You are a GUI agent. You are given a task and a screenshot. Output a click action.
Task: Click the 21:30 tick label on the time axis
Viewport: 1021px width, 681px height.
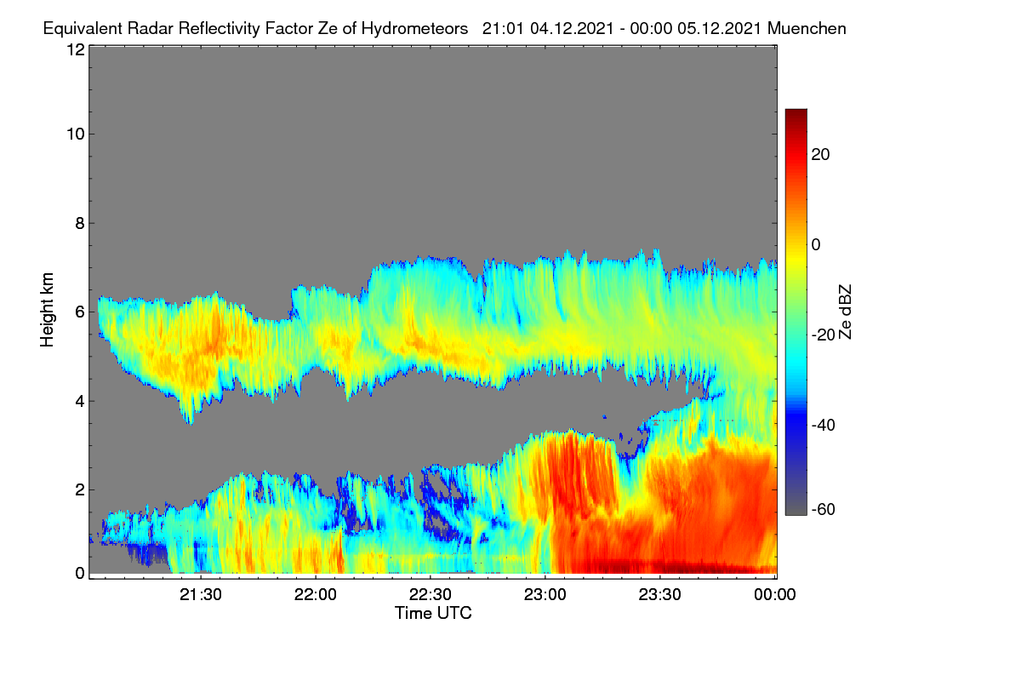coord(201,595)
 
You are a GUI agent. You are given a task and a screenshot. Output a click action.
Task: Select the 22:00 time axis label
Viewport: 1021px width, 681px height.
coord(316,595)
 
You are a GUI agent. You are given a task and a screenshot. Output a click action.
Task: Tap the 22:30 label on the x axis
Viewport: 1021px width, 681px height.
coord(431,595)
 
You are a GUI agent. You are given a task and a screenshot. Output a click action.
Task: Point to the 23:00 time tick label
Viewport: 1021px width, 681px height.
coord(545,595)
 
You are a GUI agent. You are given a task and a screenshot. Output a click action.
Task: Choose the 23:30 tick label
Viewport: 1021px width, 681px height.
coord(659,595)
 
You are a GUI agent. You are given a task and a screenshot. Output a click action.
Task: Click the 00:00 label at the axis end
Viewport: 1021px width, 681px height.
coord(775,595)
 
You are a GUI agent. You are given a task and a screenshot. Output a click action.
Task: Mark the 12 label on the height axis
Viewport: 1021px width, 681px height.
coord(76,49)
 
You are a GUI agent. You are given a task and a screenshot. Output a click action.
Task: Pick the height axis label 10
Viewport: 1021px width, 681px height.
coord(76,134)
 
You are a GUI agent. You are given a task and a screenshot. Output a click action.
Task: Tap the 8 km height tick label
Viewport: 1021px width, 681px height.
coord(80,224)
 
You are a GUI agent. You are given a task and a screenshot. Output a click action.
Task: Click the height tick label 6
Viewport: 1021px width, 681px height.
coord(80,312)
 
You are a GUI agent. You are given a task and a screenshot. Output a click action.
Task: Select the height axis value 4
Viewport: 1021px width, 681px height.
coord(80,402)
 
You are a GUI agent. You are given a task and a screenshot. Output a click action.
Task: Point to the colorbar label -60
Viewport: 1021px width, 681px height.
coord(824,510)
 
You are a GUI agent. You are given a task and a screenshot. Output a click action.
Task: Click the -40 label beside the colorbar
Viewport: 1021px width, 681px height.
coord(824,425)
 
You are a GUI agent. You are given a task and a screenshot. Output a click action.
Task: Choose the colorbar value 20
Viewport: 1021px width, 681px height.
coord(820,155)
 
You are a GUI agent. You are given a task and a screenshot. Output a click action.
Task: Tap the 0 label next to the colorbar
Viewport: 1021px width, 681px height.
coord(816,245)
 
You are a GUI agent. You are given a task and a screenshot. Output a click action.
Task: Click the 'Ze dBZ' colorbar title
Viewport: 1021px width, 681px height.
coord(845,312)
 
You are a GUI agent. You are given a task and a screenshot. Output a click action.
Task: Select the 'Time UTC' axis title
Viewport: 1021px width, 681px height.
coord(433,613)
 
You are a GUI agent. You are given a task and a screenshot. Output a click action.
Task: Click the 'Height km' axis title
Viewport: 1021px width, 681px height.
coord(47,310)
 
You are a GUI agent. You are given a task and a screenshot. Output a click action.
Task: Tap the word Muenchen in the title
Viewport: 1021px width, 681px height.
coord(807,28)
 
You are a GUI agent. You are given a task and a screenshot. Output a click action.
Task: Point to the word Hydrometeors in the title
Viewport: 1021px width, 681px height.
coord(415,29)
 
